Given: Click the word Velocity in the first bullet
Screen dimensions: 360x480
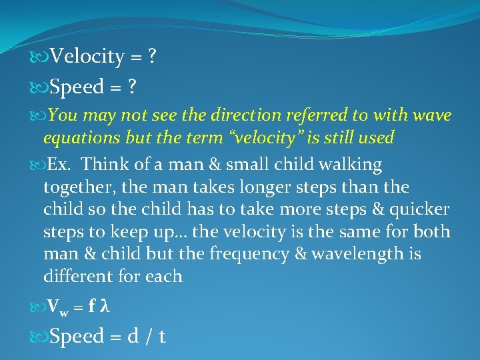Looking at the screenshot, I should coord(87,57).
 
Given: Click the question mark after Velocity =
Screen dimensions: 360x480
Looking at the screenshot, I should coord(153,57).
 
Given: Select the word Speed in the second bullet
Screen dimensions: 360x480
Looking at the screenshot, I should coord(77,87).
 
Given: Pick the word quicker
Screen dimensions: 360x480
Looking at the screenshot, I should coord(417,209).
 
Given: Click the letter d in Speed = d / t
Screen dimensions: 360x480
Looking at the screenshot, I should coord(133,337).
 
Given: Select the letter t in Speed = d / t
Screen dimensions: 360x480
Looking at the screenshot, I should coord(162,337).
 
